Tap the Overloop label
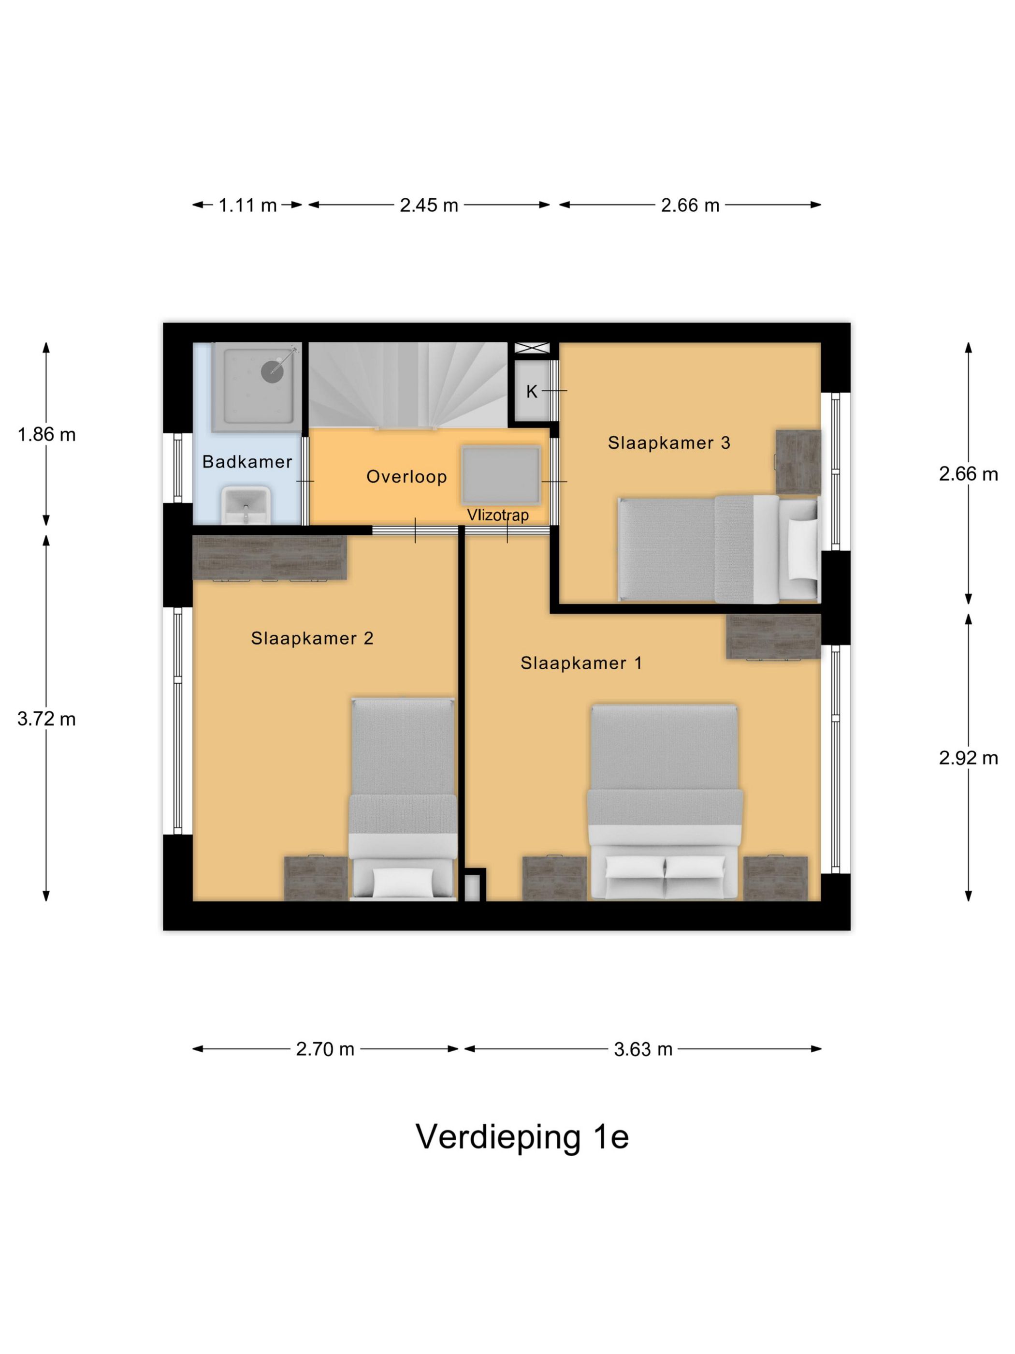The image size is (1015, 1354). [406, 477]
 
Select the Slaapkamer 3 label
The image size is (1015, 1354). [669, 442]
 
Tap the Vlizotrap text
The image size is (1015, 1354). [497, 515]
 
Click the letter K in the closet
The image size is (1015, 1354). [531, 392]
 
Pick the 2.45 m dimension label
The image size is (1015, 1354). [428, 205]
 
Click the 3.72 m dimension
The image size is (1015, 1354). [46, 719]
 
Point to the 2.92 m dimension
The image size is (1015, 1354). [968, 758]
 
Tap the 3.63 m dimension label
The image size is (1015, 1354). [642, 1049]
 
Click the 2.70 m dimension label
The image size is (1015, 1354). [325, 1049]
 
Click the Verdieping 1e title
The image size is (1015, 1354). [522, 1137]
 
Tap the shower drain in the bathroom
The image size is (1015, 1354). [272, 371]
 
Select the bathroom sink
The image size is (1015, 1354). [246, 505]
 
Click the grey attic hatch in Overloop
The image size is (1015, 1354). [500, 474]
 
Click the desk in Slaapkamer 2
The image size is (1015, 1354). [269, 557]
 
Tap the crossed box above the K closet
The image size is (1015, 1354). [532, 348]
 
